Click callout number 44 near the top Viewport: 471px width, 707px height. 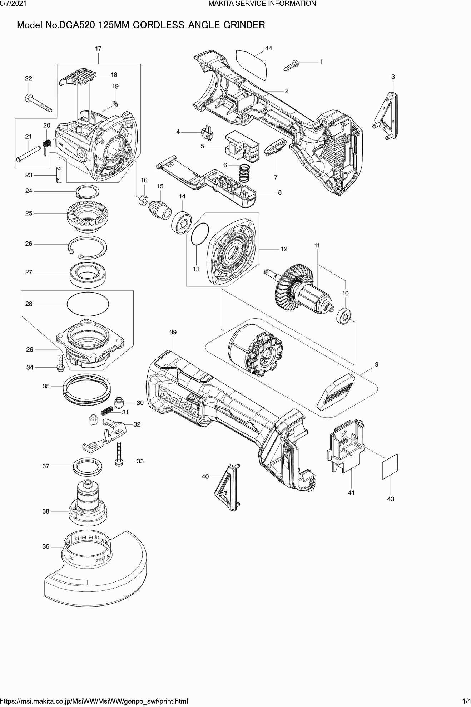coord(269,48)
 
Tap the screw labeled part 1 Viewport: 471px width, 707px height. coord(292,66)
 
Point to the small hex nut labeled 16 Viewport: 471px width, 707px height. coord(143,200)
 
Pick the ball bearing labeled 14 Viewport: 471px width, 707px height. coord(182,222)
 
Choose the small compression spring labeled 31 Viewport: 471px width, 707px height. coord(107,412)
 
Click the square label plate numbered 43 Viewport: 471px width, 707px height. coord(390,466)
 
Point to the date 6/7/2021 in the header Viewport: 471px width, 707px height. coord(12,4)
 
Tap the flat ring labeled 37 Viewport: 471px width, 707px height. coord(88,467)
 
